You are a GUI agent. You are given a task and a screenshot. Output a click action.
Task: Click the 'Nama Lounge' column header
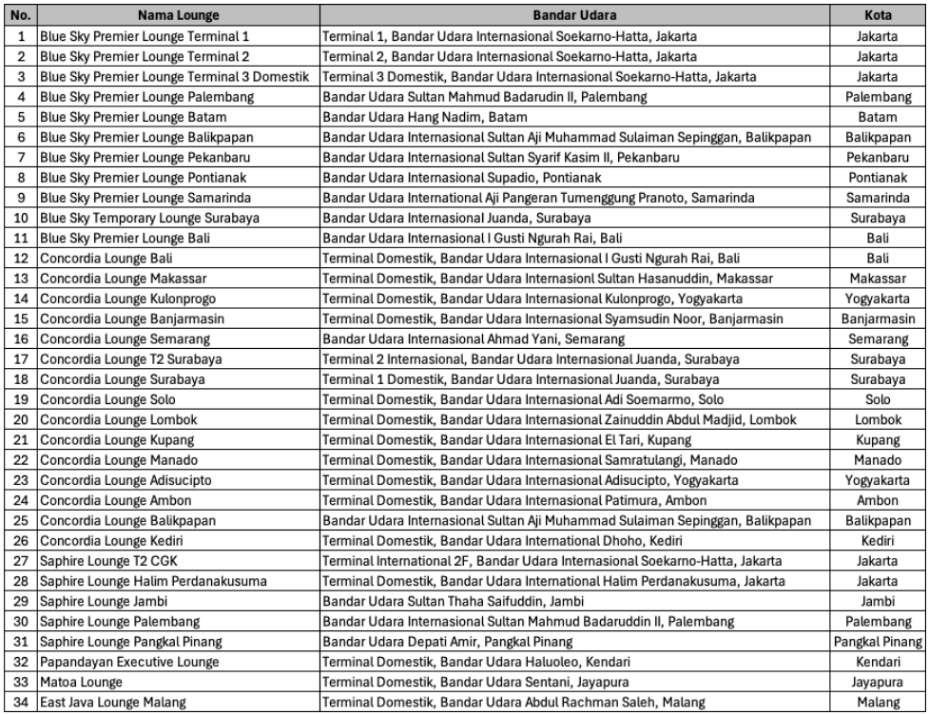tap(178, 16)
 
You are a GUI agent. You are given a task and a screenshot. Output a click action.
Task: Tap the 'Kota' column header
tap(877, 16)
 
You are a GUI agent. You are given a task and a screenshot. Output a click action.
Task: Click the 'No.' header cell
tap(20, 16)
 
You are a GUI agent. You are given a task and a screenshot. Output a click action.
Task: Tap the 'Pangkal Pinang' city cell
tap(877, 640)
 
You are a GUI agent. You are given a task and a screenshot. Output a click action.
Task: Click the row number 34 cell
tap(20, 702)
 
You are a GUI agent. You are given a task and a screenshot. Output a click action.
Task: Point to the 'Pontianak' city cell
tap(877, 176)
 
